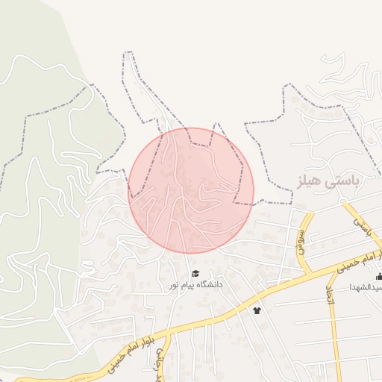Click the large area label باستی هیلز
(323, 181)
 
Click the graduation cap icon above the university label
(195, 274)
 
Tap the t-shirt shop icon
(257, 310)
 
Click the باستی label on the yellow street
(363, 227)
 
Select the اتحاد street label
(329, 295)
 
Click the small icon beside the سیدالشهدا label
(379, 277)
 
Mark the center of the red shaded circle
(191, 190)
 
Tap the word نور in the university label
(173, 285)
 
